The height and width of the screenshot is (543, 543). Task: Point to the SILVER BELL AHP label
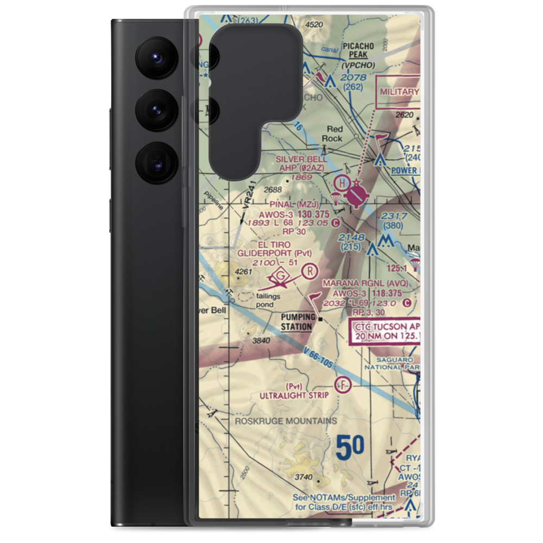(x=301, y=163)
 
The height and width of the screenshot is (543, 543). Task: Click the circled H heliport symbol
(x=343, y=182)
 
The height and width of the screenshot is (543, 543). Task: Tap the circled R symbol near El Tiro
(x=309, y=270)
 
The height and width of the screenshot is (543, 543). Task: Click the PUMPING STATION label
(x=297, y=322)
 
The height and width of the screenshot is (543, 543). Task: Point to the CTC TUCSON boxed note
(x=386, y=332)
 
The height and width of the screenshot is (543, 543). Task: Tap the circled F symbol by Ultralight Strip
(x=343, y=385)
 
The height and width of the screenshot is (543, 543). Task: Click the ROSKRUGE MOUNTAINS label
(x=286, y=421)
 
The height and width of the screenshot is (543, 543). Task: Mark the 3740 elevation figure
(x=304, y=478)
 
